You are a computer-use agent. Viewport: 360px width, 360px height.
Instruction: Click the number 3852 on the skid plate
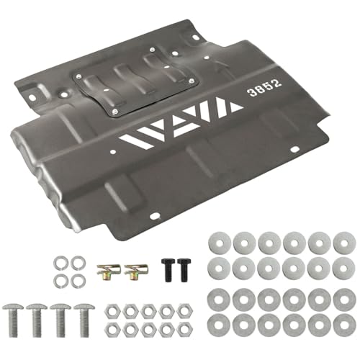[264, 87]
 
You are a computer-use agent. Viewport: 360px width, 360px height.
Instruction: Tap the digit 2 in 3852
[276, 84]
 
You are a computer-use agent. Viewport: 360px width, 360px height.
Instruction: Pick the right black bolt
[184, 270]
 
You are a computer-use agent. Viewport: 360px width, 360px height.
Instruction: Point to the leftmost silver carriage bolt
[13, 320]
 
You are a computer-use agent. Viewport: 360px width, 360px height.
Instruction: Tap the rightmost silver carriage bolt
[84, 320]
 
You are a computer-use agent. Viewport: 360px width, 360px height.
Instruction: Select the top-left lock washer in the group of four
[60, 263]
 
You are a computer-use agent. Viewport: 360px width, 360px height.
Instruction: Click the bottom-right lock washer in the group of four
[78, 281]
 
